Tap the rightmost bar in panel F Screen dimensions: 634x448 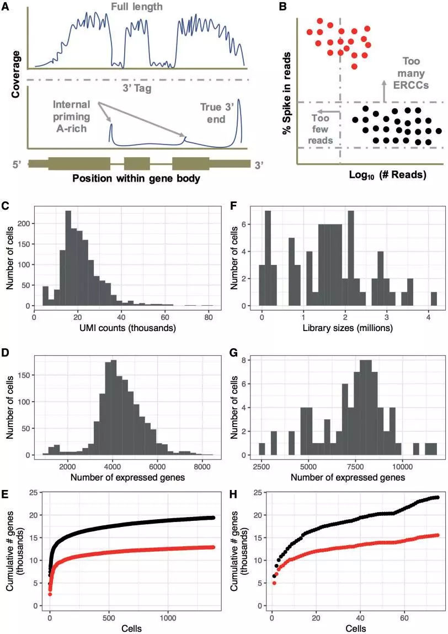tap(434, 299)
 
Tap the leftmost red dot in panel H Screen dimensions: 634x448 tap(274, 583)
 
